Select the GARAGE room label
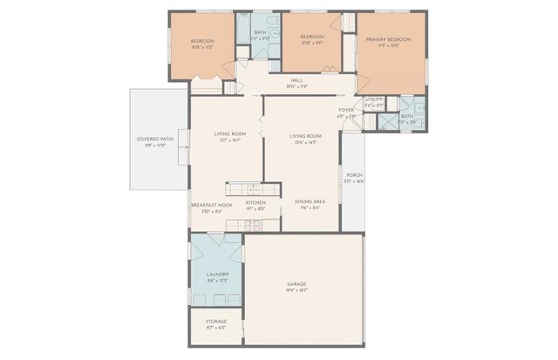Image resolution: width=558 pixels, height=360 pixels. (296, 284)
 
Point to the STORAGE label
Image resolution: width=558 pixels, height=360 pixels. (216, 322)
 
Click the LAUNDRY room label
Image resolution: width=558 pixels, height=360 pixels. (218, 275)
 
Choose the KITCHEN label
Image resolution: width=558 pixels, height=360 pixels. (255, 203)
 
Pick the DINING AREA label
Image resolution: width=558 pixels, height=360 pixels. (310, 201)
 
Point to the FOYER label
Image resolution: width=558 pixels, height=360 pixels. (346, 110)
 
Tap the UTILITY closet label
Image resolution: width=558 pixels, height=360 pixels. (374, 100)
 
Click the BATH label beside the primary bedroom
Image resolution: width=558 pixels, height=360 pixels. (407, 116)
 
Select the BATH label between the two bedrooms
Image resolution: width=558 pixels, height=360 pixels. (260, 32)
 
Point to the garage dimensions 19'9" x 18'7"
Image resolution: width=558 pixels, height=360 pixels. (296, 291)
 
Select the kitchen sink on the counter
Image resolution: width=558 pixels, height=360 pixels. (252, 188)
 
